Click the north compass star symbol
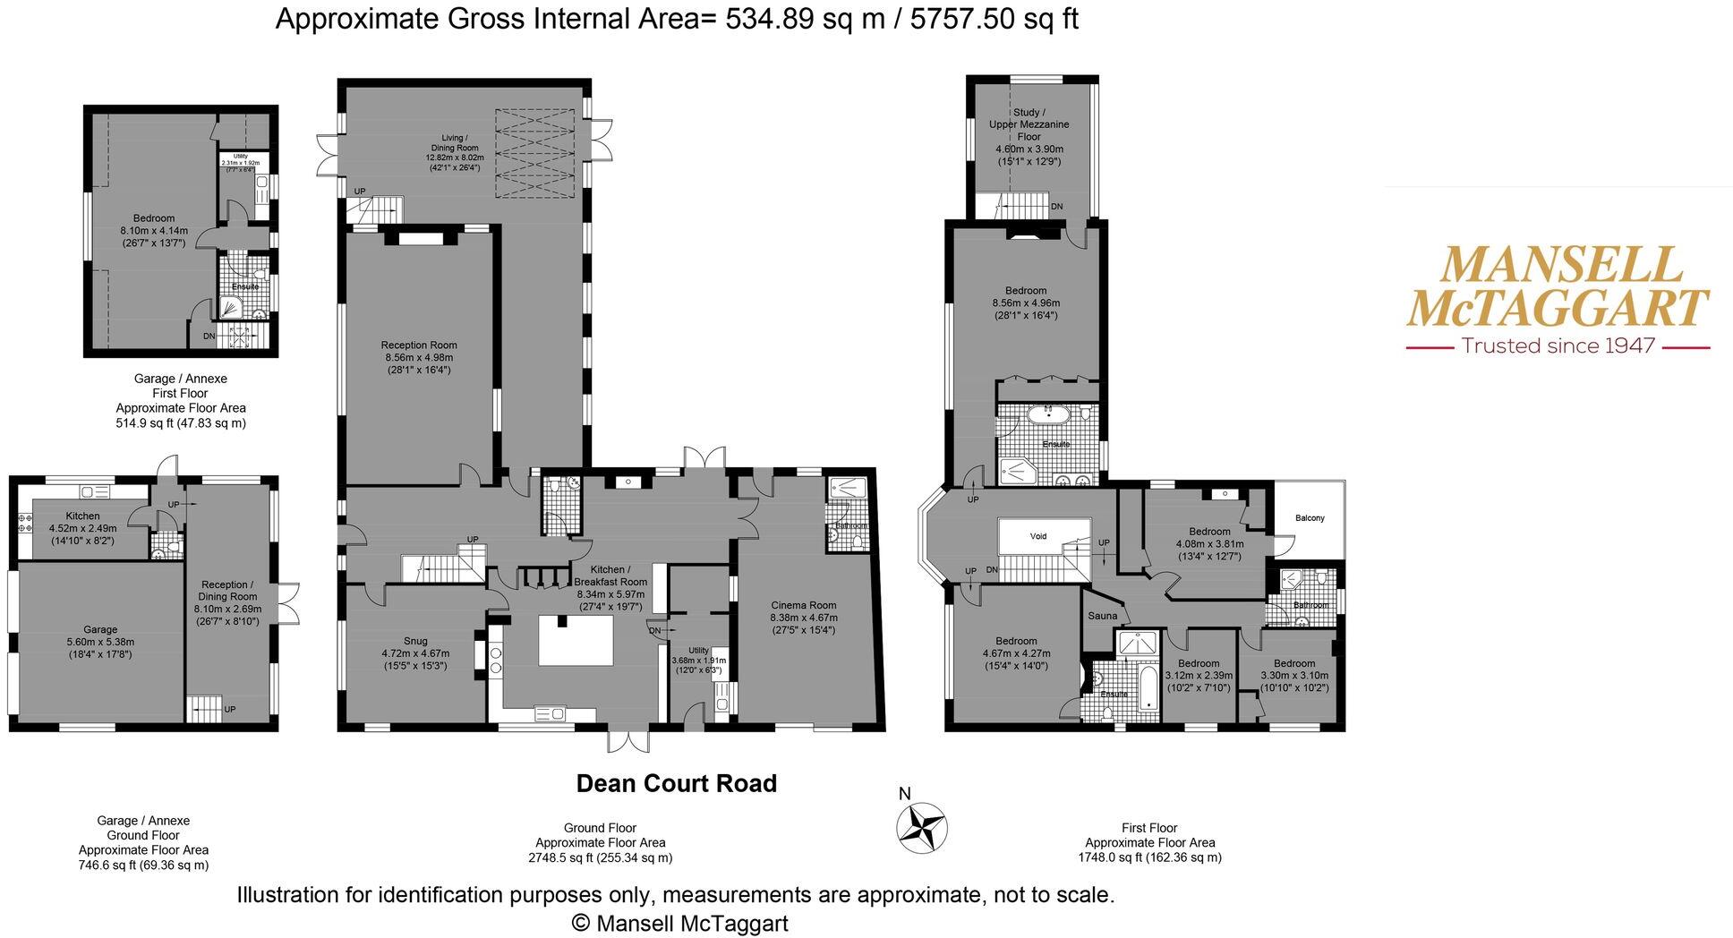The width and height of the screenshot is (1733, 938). (922, 827)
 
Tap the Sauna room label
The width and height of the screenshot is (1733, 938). (1102, 616)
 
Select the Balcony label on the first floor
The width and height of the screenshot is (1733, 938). (1310, 518)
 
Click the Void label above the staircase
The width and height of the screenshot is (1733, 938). (1037, 536)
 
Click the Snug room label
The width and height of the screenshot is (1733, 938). (415, 641)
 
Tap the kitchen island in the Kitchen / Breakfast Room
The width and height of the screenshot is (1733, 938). (576, 640)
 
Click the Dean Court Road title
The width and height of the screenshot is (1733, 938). (676, 784)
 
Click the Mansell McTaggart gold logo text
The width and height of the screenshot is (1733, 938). (1557, 286)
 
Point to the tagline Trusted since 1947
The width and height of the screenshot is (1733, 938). (1558, 345)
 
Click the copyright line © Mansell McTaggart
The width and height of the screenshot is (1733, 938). (679, 924)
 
